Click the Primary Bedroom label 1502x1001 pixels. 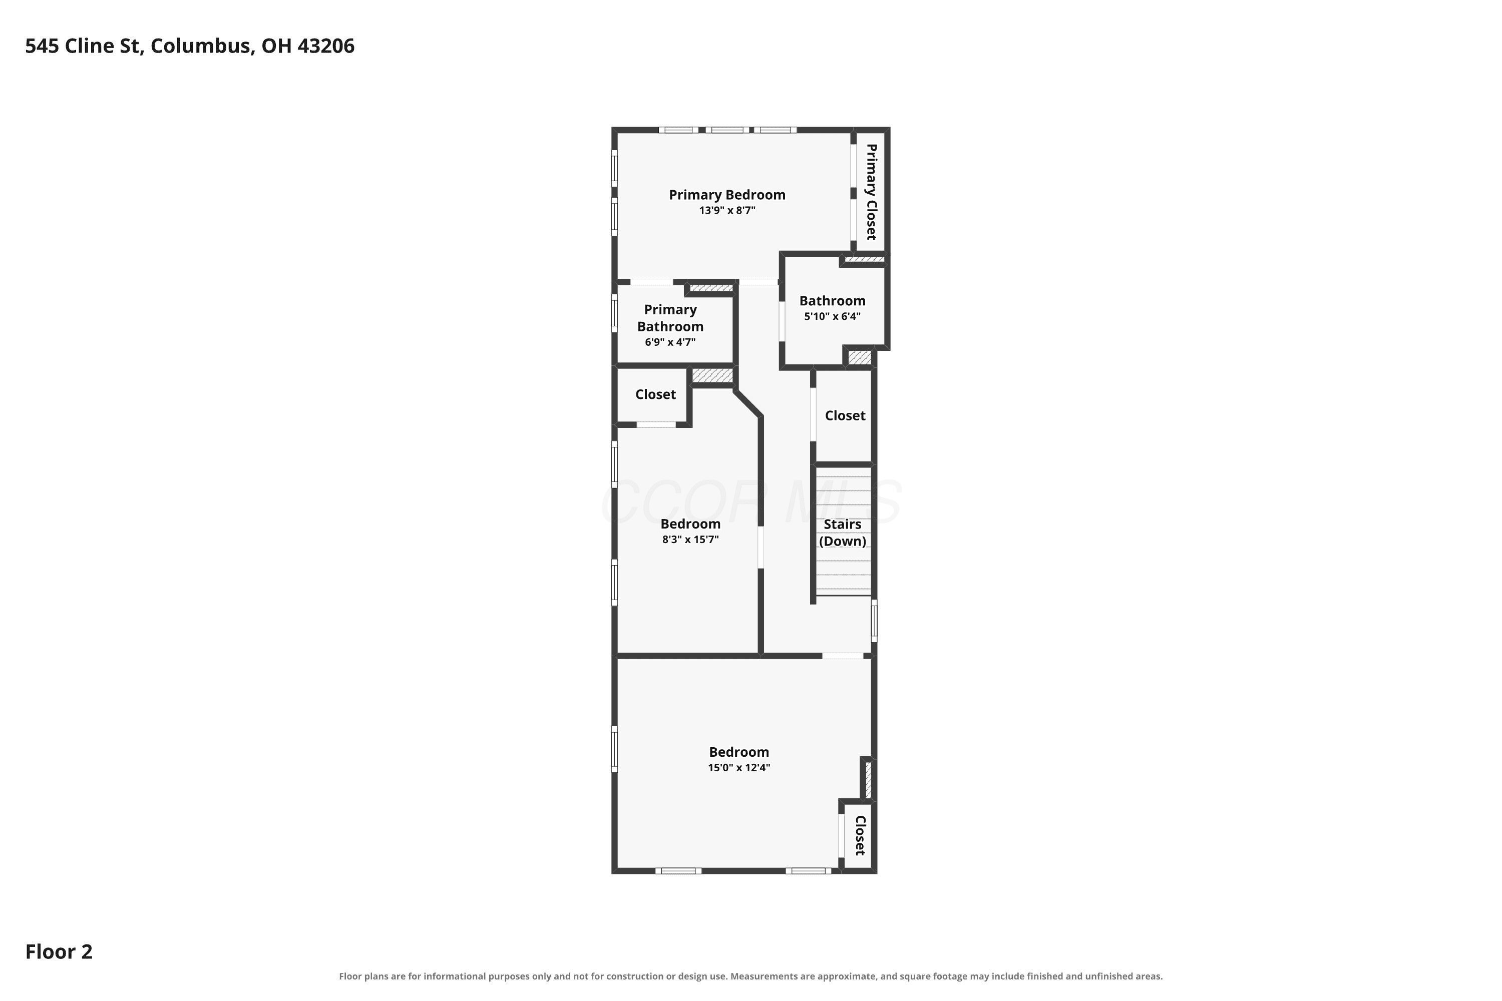tap(727, 195)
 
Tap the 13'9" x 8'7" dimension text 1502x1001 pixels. tap(727, 211)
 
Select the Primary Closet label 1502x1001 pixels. tap(871, 192)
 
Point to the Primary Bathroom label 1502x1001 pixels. tap(670, 318)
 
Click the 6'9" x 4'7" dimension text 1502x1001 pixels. tap(670, 342)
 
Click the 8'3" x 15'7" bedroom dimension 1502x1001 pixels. tap(690, 540)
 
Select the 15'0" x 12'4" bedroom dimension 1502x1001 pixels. tap(739, 767)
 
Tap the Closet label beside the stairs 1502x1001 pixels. tap(845, 415)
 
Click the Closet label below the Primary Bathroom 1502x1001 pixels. tap(655, 394)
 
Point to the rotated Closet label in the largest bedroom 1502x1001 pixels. tap(860, 836)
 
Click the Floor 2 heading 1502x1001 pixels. tap(59, 952)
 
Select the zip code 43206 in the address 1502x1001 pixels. tap(326, 46)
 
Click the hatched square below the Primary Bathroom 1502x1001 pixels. tap(712, 375)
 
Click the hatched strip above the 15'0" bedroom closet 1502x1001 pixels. tap(868, 779)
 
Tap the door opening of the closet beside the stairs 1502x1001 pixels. tap(813, 415)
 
